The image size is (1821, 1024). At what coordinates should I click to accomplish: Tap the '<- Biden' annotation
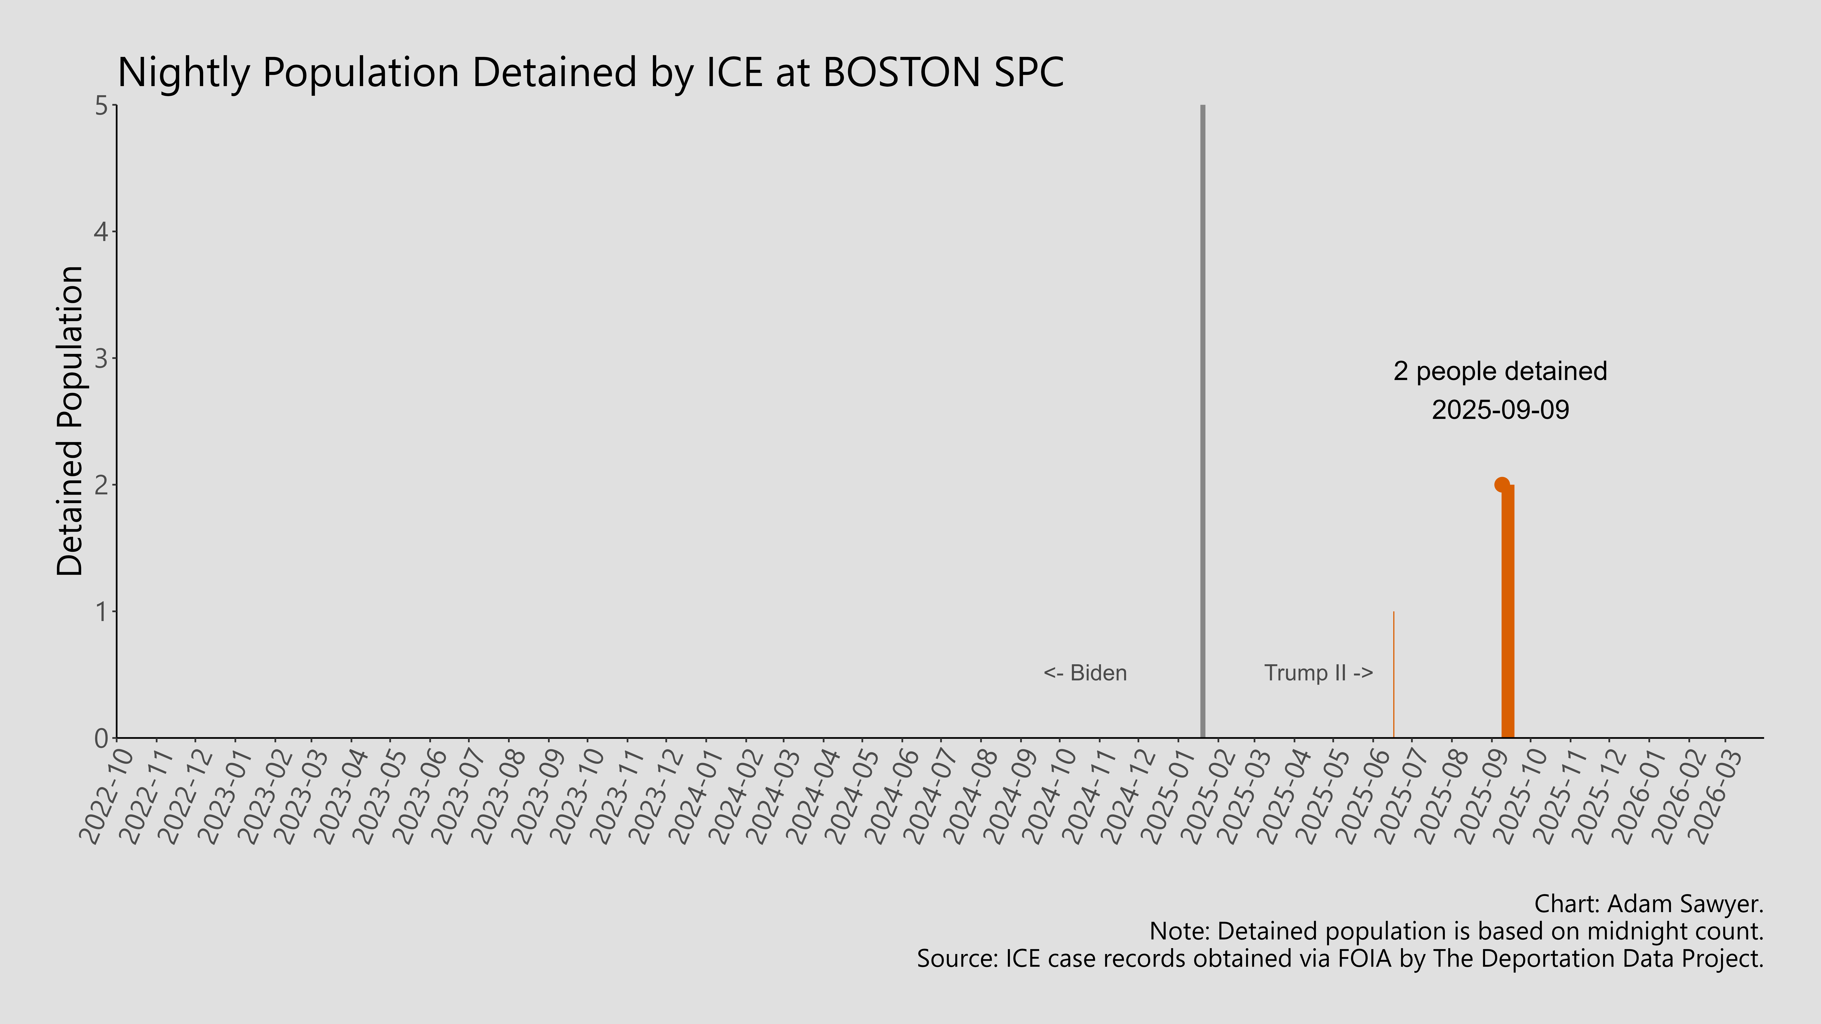point(1085,673)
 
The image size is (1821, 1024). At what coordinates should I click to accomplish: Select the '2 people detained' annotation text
point(1500,371)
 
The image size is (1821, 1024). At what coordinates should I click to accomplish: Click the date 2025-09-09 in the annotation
point(1500,410)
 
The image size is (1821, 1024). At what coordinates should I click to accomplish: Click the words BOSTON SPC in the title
point(944,72)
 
